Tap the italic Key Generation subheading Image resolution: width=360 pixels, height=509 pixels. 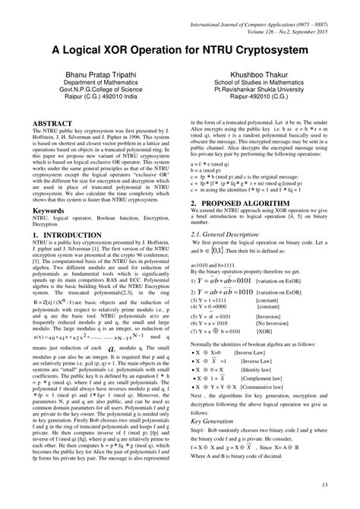pos(217,419)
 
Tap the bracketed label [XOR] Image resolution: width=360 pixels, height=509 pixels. pos(263,331)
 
